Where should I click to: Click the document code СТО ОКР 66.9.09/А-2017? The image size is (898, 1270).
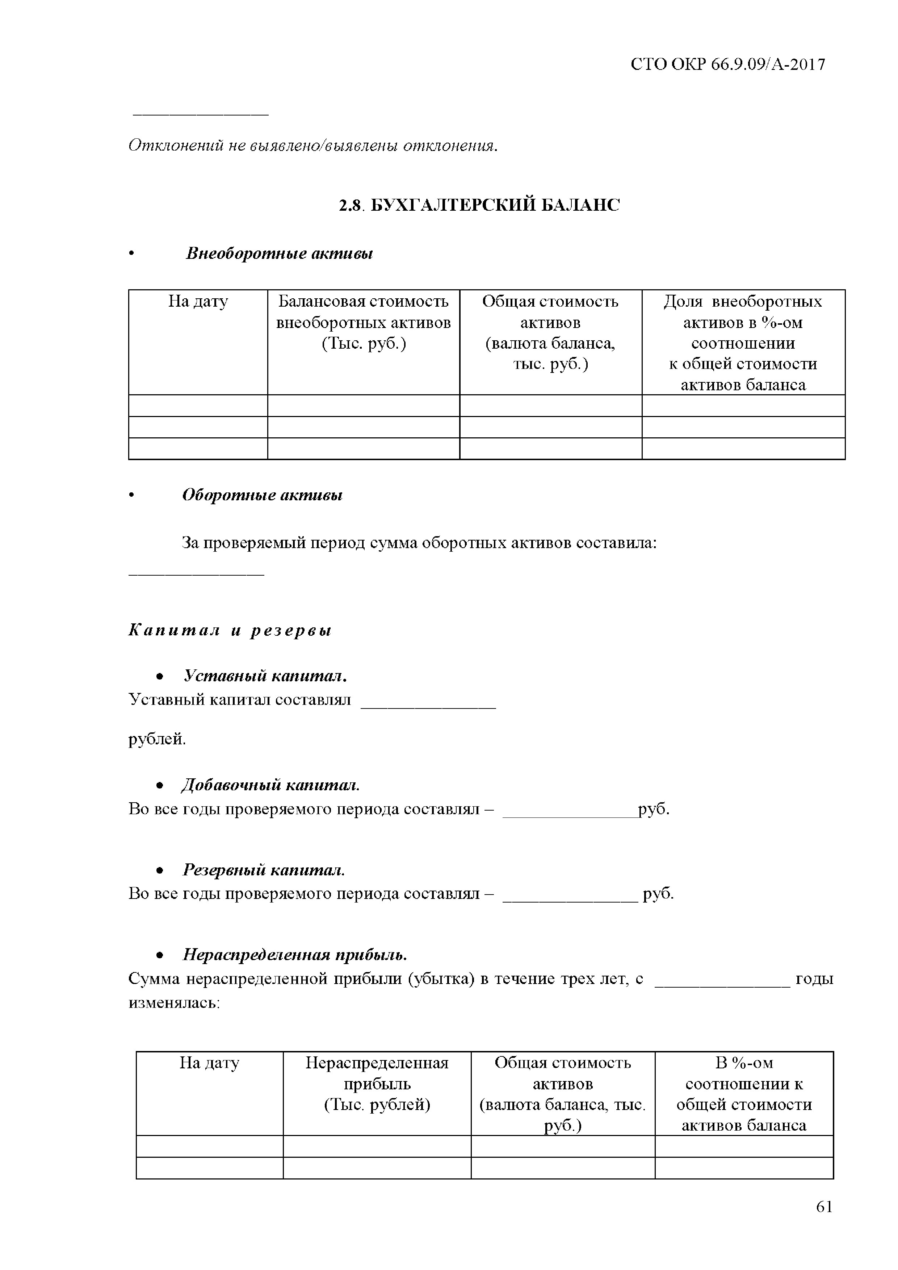point(727,65)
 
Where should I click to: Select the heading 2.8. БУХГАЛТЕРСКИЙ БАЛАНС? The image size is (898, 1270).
point(479,205)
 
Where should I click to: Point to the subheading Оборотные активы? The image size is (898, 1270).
point(262,495)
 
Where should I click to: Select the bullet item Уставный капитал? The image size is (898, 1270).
point(265,676)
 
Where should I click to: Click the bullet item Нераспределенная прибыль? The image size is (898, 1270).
point(295,955)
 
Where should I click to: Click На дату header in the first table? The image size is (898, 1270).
point(198,302)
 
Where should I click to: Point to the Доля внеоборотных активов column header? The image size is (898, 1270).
point(743,343)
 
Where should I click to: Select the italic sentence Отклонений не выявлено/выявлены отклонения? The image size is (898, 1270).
point(312,146)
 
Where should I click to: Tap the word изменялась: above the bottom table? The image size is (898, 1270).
point(174,1002)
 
